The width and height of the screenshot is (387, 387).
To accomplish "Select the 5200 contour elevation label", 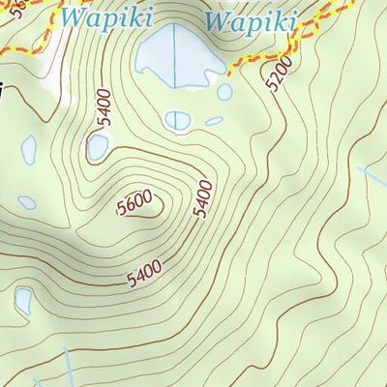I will (280, 74).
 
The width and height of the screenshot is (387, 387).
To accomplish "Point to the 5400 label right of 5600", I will (202, 198).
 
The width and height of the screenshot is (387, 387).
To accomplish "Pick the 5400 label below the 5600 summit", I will (144, 273).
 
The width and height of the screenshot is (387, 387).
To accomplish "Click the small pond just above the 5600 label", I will (98, 147).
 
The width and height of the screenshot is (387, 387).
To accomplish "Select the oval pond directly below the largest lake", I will (177, 120).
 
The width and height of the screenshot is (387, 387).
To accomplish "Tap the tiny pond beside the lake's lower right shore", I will (224, 92).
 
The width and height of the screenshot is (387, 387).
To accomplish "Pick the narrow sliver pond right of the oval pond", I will (214, 121).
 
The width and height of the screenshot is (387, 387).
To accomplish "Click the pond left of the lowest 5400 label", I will (22, 301).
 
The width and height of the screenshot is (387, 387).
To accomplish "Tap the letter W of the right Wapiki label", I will (220, 20).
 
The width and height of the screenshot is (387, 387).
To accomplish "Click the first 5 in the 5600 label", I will (120, 207).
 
